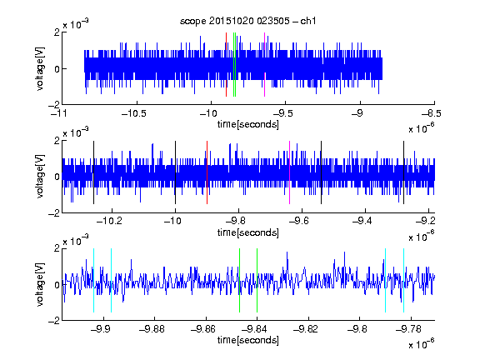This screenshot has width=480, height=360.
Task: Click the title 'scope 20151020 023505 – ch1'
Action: pyautogui.click(x=247, y=21)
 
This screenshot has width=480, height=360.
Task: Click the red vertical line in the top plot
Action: pyautogui.click(x=226, y=65)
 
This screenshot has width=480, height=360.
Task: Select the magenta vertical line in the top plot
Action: pyautogui.click(x=264, y=65)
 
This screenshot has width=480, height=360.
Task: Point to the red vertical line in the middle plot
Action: pyautogui.click(x=207, y=172)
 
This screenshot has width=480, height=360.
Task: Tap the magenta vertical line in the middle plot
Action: pyautogui.click(x=290, y=172)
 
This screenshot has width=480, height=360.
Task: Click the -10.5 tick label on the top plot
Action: pyautogui.click(x=134, y=114)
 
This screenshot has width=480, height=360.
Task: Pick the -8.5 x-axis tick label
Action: pyautogui.click(x=432, y=114)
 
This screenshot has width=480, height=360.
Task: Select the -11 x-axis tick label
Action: pyautogui.click(x=59, y=114)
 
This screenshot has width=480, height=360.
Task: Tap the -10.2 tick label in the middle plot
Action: pyautogui.click(x=109, y=221)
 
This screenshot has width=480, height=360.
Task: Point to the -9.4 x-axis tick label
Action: pyautogui.click(x=362, y=221)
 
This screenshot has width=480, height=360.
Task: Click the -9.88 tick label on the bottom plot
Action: pyautogui.click(x=152, y=329)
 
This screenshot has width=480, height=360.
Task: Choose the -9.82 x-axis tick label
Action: pyautogui.click(x=306, y=329)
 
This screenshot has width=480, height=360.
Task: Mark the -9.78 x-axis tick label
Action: pyautogui.click(x=408, y=329)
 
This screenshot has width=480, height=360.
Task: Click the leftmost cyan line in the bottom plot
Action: pyautogui.click(x=93, y=280)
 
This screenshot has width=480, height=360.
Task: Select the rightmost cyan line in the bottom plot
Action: pyautogui.click(x=404, y=280)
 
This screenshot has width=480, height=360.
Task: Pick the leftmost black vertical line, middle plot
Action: pyautogui.click(x=93, y=172)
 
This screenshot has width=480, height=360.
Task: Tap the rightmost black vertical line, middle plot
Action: pyautogui.click(x=404, y=172)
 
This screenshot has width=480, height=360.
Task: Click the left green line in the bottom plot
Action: pyautogui.click(x=239, y=280)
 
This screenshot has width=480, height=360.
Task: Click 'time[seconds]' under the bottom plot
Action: pyautogui.click(x=248, y=340)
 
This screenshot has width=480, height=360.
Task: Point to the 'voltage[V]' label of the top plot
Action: pyautogui.click(x=40, y=68)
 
